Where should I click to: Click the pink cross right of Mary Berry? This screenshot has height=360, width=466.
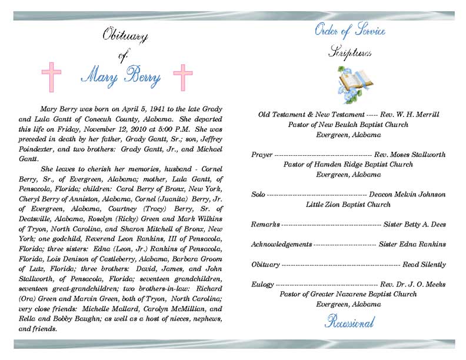[x=182, y=77]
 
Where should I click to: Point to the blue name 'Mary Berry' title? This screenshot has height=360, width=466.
[x=120, y=75]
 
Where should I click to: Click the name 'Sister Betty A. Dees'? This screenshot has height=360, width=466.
[x=414, y=224]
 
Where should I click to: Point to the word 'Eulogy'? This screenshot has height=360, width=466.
[x=262, y=285]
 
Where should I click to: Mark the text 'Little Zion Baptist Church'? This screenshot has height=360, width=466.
[x=348, y=204]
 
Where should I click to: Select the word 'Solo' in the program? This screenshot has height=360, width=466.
[x=258, y=194]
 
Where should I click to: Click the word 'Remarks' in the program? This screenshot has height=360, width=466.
[x=265, y=224]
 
